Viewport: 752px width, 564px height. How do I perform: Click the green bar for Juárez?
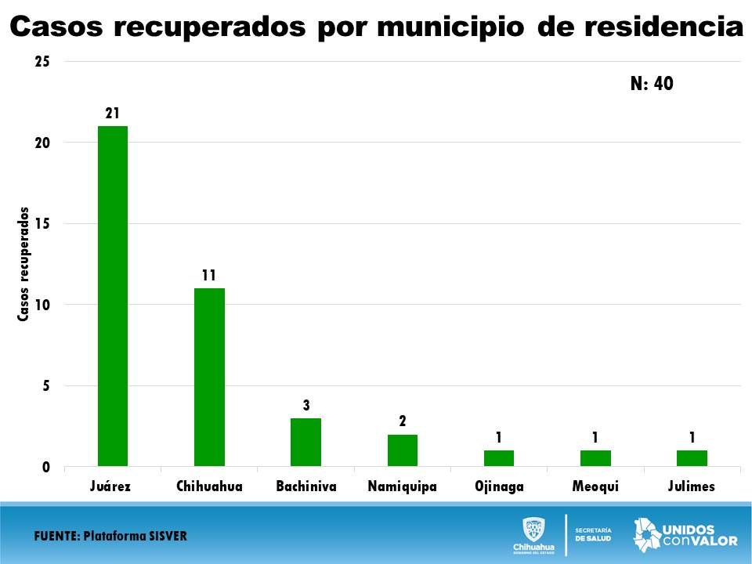(x=113, y=296)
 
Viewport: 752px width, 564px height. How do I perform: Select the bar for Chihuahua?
(x=209, y=377)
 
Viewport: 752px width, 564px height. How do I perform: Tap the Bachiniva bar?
(x=305, y=442)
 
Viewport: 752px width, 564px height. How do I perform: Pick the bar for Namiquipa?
(x=402, y=450)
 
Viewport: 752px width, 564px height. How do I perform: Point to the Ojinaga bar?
(x=498, y=458)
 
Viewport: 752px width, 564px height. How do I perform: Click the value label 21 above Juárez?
(x=113, y=114)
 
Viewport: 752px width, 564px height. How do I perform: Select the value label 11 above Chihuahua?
(x=209, y=276)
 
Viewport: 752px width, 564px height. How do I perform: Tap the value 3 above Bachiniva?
(x=306, y=405)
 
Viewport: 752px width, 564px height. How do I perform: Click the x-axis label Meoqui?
(x=595, y=486)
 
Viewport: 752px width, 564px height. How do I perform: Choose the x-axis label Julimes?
(x=692, y=486)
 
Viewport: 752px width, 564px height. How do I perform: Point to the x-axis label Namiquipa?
(x=402, y=486)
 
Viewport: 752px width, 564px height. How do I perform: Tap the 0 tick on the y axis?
(x=46, y=468)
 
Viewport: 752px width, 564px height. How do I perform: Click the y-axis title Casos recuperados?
(x=23, y=264)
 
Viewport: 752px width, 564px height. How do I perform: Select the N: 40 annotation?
(x=652, y=84)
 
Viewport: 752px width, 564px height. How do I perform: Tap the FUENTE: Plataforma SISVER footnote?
(x=110, y=537)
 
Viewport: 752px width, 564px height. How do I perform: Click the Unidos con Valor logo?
(x=685, y=534)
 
